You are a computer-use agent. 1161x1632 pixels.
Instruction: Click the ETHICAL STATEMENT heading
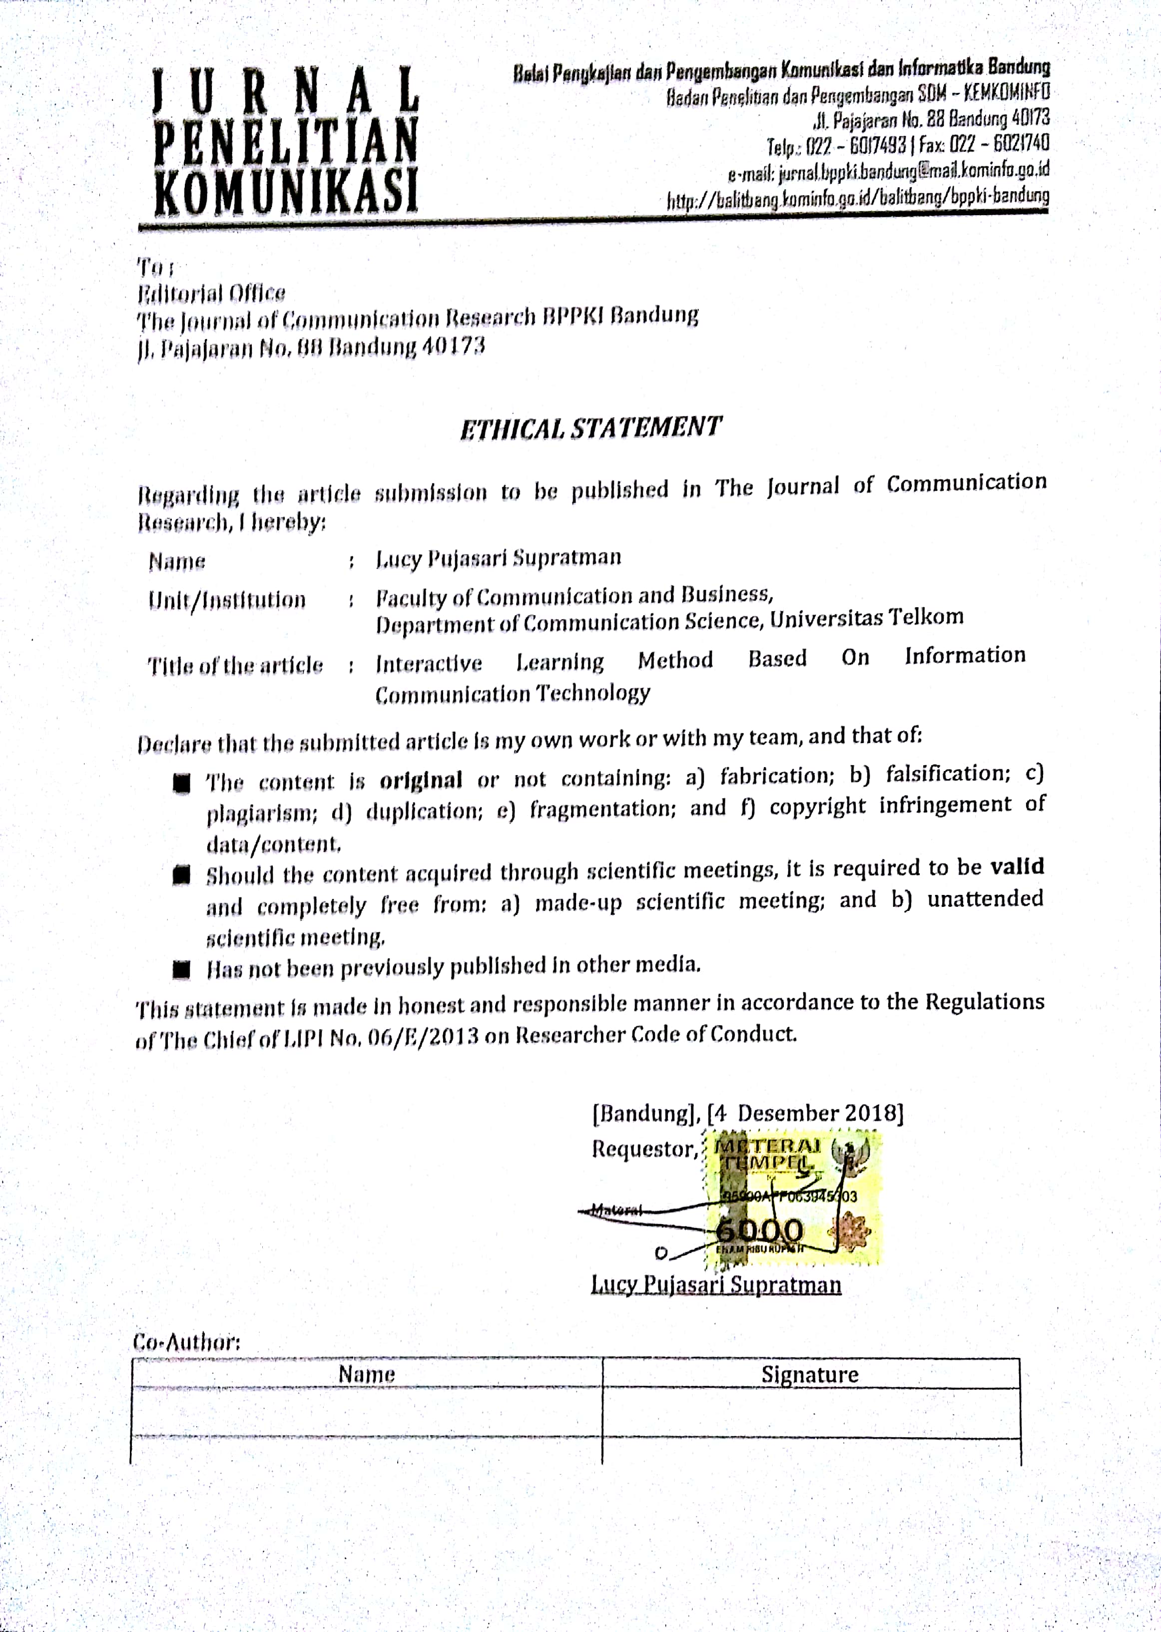pyautogui.click(x=590, y=428)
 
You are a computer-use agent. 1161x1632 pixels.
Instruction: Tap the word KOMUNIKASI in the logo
pyautogui.click(x=286, y=191)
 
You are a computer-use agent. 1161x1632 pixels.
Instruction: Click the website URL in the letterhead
pyautogui.click(x=858, y=198)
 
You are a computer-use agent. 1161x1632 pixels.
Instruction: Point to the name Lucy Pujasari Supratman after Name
pyautogui.click(x=498, y=558)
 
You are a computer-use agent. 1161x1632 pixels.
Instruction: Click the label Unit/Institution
pyautogui.click(x=227, y=599)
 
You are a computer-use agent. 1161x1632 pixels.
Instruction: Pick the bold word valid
pyautogui.click(x=1017, y=867)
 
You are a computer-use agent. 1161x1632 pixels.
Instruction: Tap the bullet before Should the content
pyautogui.click(x=181, y=875)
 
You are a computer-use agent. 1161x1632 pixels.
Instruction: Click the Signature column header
pyautogui.click(x=809, y=1374)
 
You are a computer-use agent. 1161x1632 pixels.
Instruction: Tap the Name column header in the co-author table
pyautogui.click(x=366, y=1374)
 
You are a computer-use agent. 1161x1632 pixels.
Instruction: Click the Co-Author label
pyautogui.click(x=187, y=1341)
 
